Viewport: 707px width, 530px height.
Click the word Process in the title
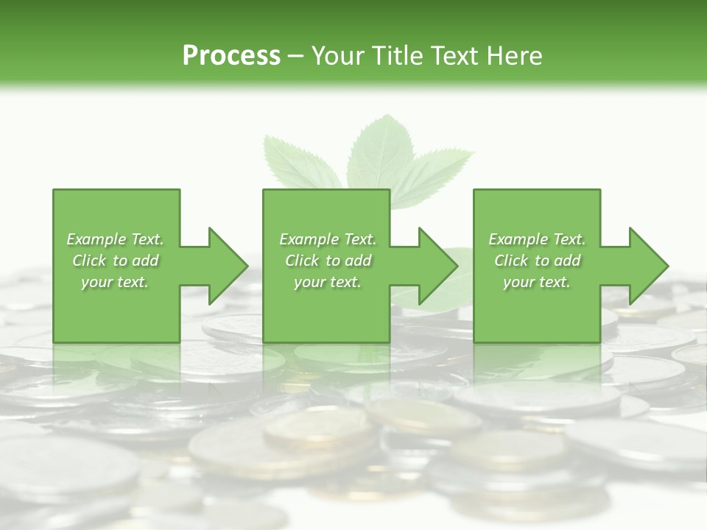(231, 55)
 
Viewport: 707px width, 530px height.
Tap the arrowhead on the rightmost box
(647, 266)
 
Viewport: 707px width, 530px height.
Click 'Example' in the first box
(95, 239)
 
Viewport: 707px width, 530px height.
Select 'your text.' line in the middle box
(327, 282)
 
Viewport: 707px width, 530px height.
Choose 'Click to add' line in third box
(537, 261)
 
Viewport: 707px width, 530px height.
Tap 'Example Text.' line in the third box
(537, 239)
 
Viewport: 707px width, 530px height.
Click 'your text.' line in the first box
(115, 282)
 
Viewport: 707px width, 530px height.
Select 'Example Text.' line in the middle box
(327, 239)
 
